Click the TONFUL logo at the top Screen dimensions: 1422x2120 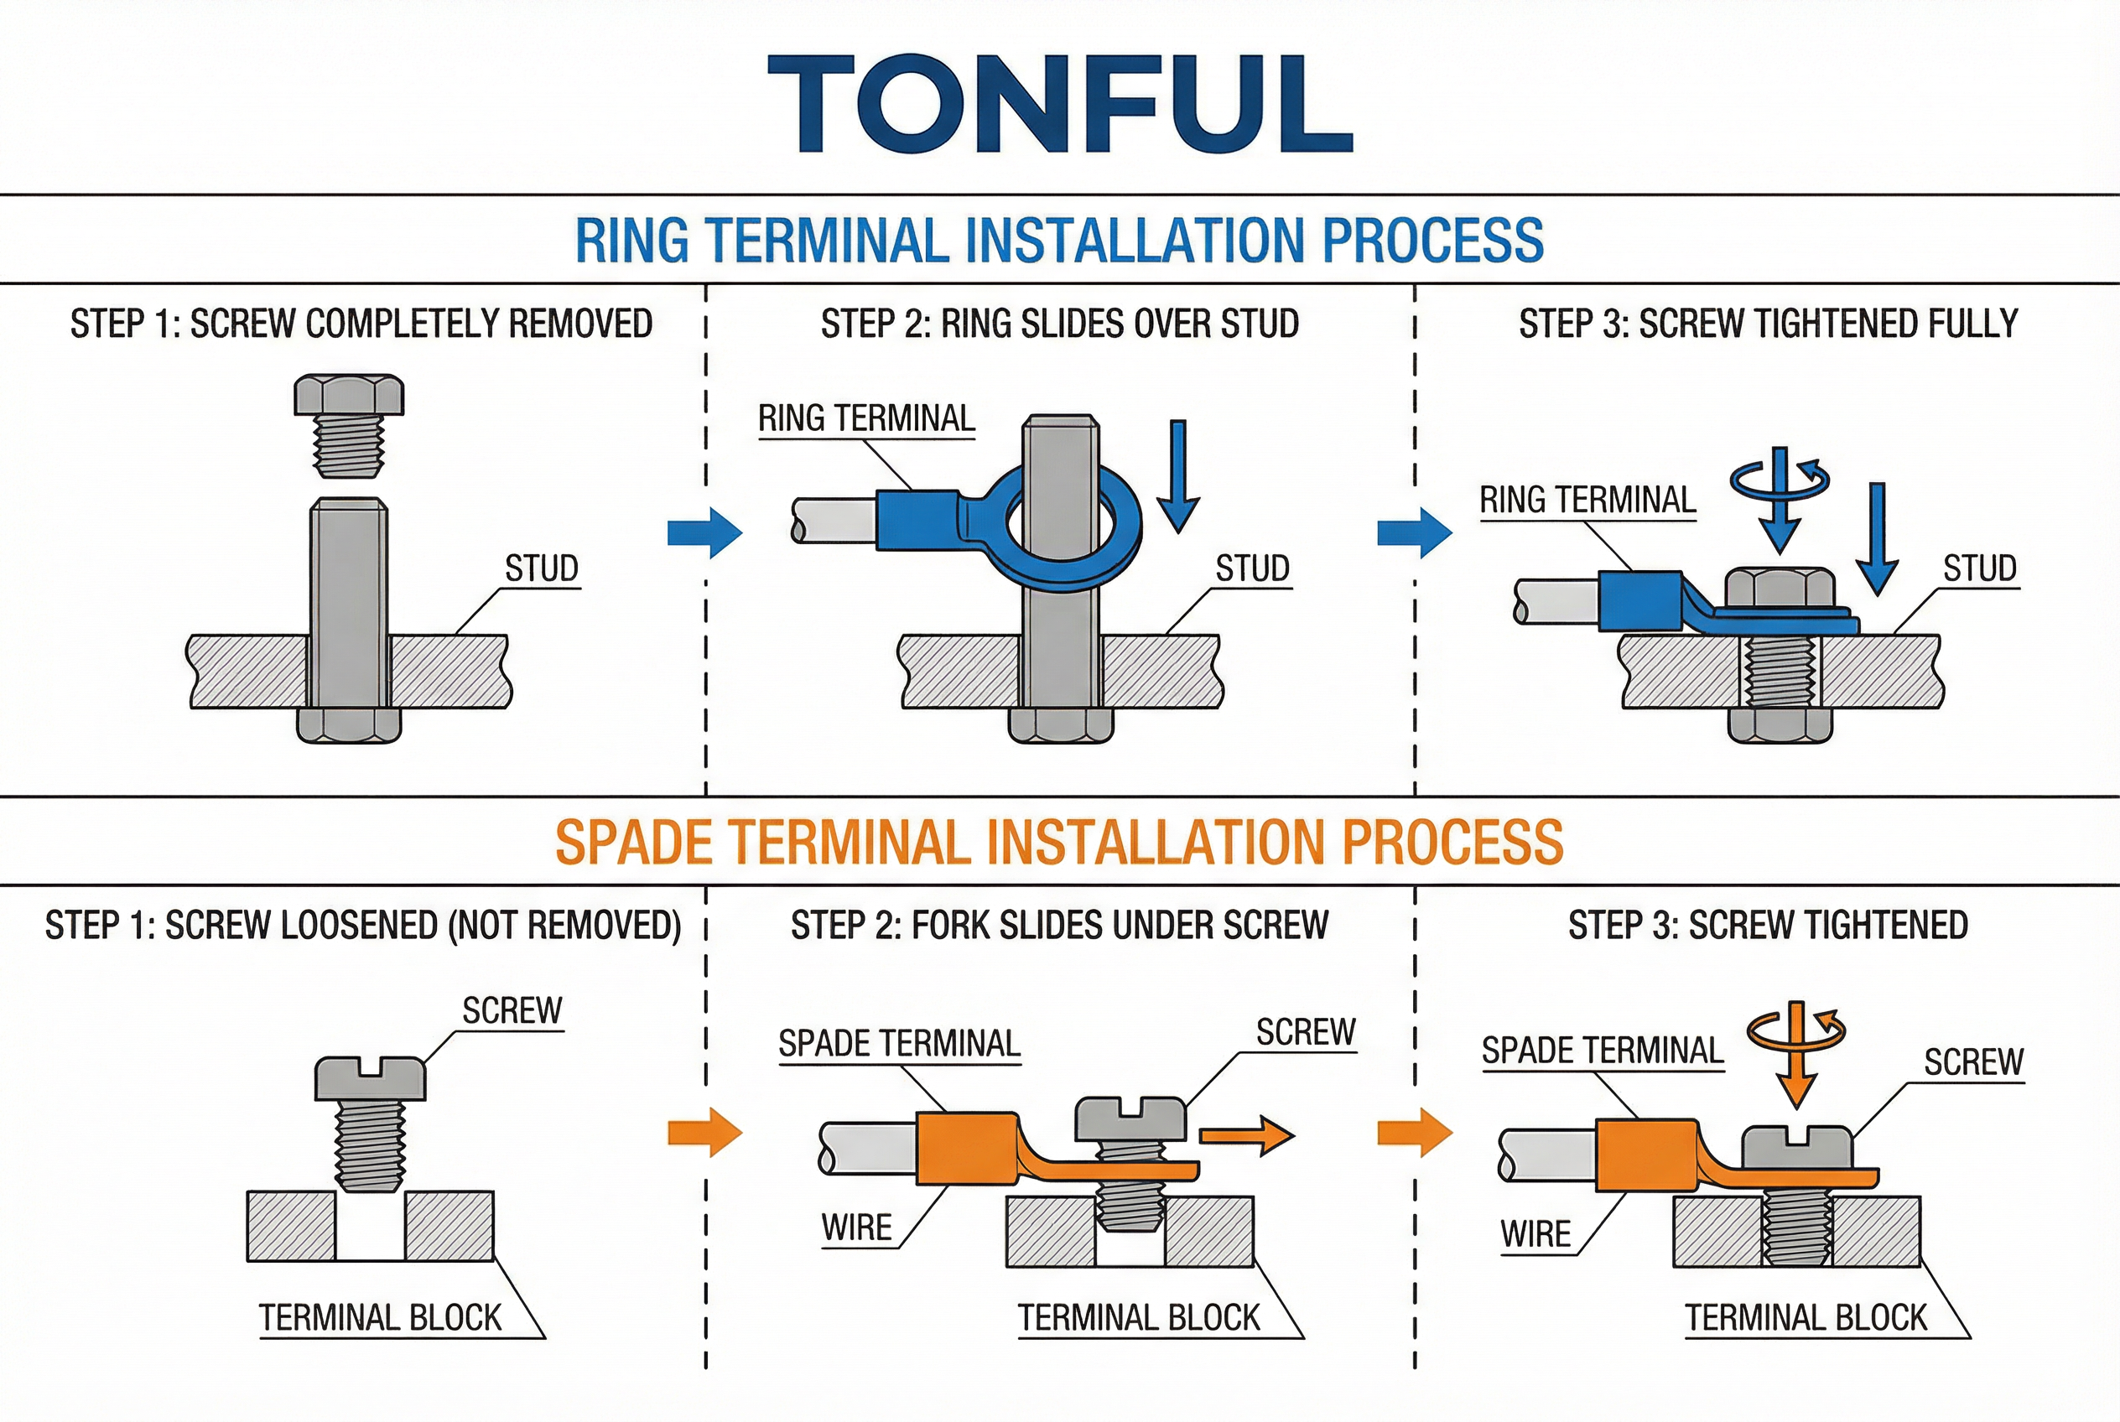point(1059,102)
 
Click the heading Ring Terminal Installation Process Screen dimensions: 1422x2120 point(1059,241)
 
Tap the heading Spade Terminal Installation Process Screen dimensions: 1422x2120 point(1059,842)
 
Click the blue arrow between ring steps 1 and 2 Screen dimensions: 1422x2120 point(705,532)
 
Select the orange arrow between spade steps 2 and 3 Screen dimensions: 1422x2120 point(1414,1133)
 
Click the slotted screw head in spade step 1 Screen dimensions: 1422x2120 point(369,1078)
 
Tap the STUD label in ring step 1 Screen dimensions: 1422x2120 point(542,568)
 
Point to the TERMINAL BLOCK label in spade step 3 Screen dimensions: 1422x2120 point(1806,1318)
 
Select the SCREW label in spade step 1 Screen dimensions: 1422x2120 point(512,1010)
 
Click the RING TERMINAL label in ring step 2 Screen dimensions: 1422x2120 point(866,419)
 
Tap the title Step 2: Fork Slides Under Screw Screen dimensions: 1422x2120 point(1059,925)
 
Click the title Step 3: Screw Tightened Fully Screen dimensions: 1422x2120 point(1768,324)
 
